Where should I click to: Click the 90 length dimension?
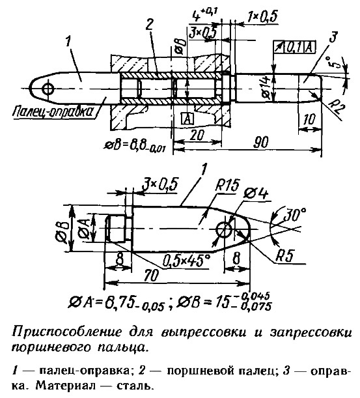261,143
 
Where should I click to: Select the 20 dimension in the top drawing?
197,135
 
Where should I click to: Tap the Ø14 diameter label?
266,87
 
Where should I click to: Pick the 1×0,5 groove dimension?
262,17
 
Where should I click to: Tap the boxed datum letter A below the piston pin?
187,119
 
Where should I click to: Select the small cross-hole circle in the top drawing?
48,89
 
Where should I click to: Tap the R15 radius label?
227,186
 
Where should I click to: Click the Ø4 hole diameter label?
256,194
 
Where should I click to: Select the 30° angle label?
294,214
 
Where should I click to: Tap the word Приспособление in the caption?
67,333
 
